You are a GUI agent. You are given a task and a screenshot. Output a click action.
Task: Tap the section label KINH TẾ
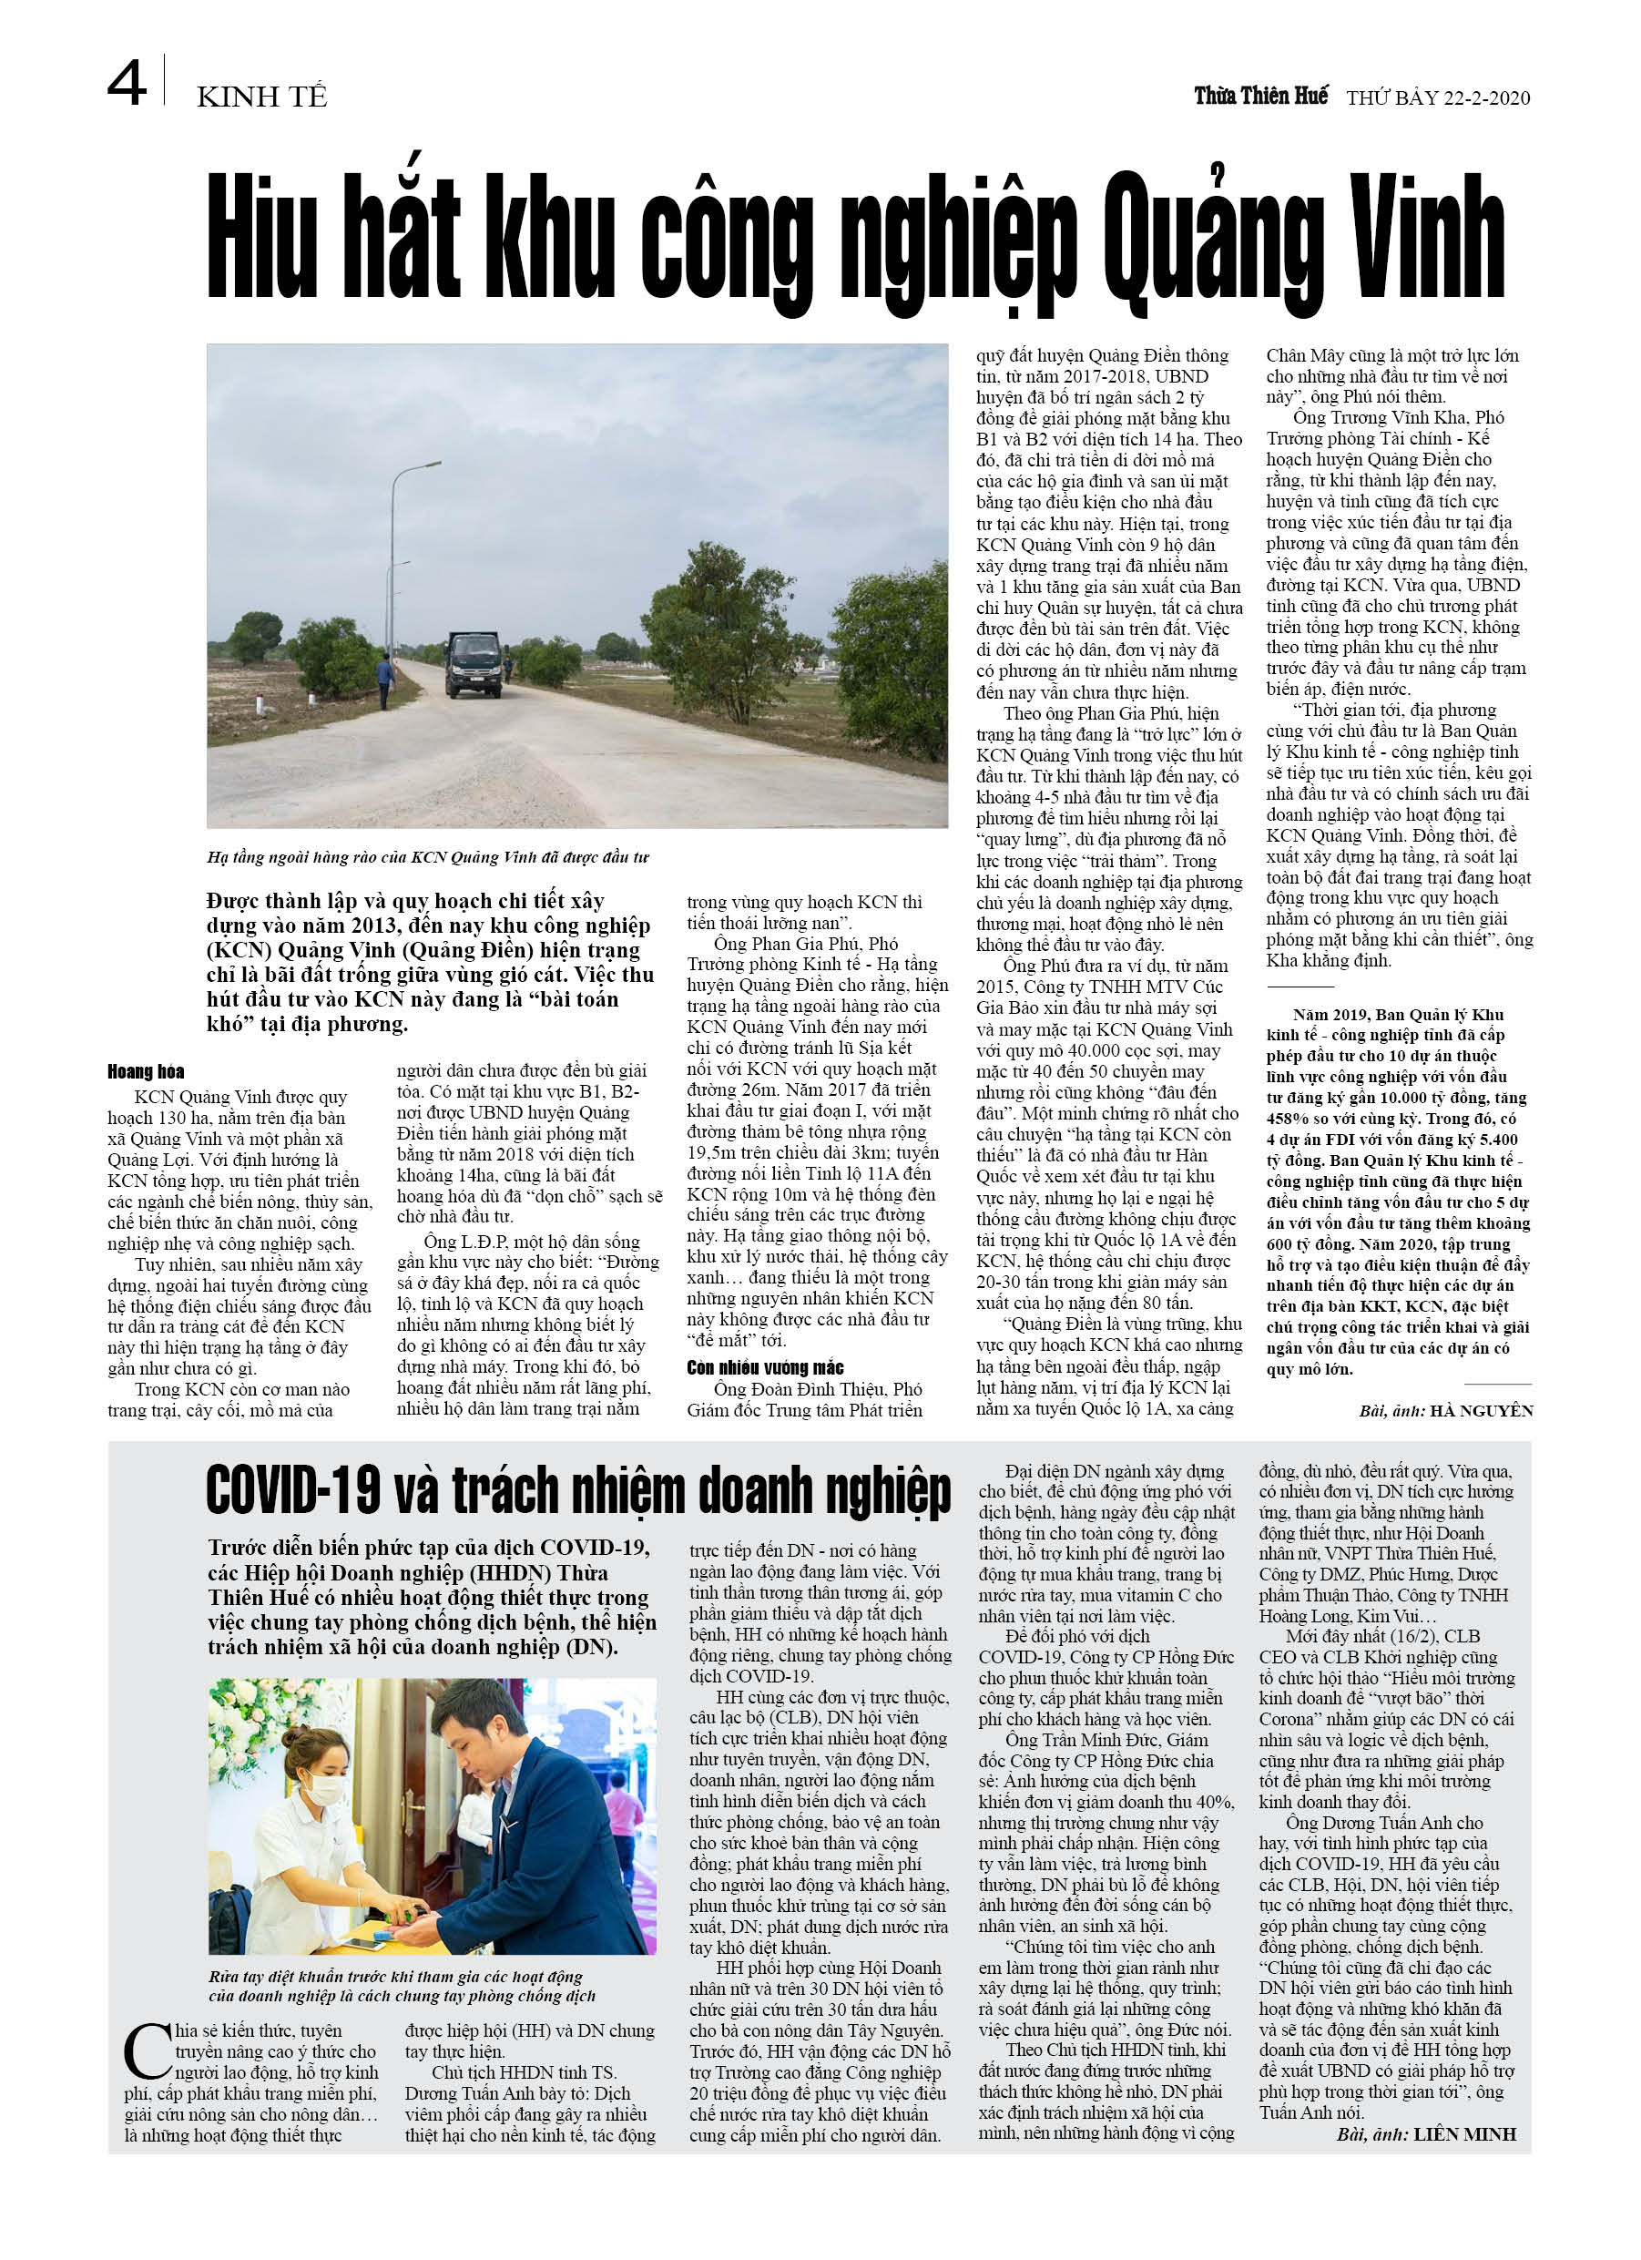[262, 97]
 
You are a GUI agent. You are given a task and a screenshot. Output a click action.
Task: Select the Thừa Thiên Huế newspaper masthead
[1260, 96]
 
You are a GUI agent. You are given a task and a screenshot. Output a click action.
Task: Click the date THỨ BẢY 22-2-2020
[1438, 97]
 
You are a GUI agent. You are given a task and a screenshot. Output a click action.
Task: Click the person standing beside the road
[385, 679]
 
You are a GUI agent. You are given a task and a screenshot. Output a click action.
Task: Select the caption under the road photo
[428, 857]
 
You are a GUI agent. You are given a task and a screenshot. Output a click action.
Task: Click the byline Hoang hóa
[146, 1071]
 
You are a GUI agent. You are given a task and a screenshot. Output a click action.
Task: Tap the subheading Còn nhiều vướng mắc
[765, 1367]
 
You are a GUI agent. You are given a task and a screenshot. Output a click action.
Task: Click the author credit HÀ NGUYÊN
[1481, 1410]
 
